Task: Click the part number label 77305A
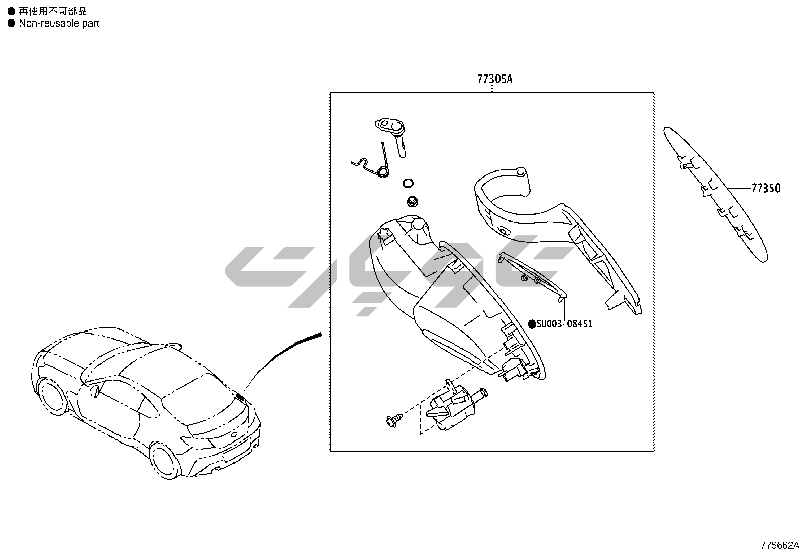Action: coord(494,79)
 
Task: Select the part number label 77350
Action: coord(766,189)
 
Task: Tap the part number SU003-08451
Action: coord(564,324)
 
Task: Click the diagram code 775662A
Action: coord(779,545)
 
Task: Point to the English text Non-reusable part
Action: coord(59,23)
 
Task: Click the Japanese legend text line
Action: coord(52,11)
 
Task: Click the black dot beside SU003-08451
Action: coord(532,324)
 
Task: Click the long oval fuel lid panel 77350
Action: coord(716,193)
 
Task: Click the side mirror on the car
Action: coord(95,390)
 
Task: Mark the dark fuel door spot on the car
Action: coord(239,397)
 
